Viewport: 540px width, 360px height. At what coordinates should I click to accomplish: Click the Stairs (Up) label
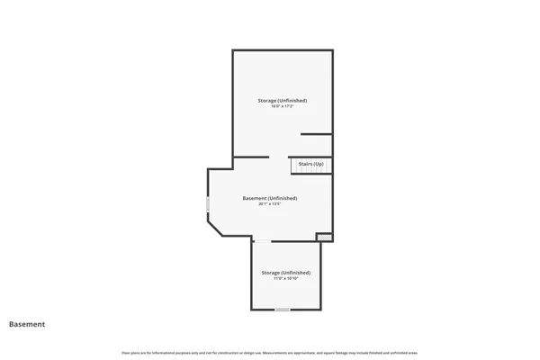tap(311, 164)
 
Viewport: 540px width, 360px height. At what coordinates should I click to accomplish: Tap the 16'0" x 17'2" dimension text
tap(283, 106)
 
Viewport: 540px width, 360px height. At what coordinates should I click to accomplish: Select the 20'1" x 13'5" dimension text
tap(270, 203)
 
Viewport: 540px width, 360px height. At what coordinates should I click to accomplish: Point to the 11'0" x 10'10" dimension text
tap(286, 278)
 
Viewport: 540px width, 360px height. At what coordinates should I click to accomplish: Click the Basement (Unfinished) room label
tap(270, 198)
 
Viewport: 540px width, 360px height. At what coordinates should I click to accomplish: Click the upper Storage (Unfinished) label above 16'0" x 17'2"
tap(283, 100)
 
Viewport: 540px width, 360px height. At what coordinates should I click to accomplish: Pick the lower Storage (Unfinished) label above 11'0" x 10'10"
tap(286, 272)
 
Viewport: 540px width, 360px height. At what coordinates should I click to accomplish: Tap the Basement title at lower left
tap(27, 324)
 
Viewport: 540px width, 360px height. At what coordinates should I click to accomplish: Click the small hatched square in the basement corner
tap(324, 237)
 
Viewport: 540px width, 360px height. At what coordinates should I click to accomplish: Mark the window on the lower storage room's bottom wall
tap(283, 310)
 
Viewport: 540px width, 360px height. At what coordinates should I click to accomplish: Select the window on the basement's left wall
tap(208, 204)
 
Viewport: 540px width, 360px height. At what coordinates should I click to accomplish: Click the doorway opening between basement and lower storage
tap(262, 240)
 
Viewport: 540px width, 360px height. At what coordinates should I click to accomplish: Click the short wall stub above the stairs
tap(316, 134)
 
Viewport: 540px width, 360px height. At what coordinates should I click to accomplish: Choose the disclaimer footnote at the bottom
tap(270, 352)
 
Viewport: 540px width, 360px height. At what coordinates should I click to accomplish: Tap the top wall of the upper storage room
tap(283, 50)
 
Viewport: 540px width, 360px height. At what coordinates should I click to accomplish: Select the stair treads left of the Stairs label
tap(293, 166)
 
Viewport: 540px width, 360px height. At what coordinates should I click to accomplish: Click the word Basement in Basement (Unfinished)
tap(256, 198)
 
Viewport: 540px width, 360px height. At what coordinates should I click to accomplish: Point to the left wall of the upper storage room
tap(233, 103)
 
